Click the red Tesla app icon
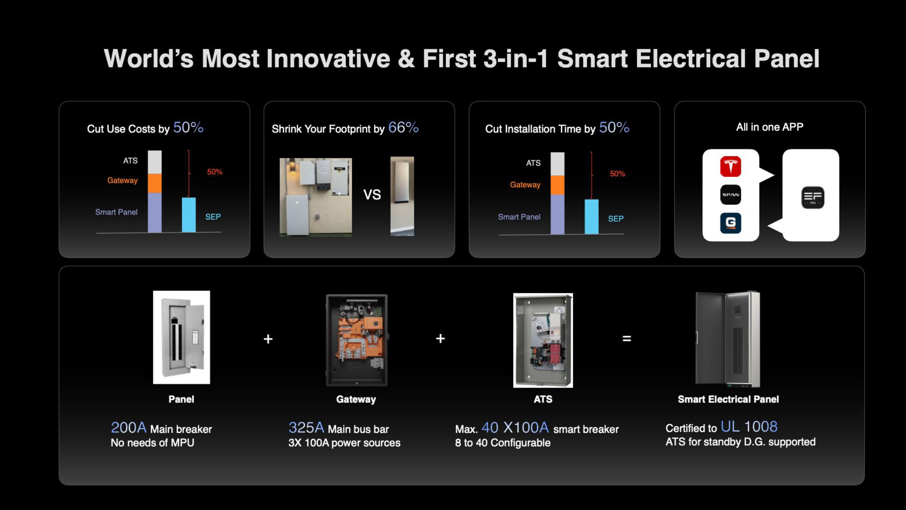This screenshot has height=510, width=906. (730, 166)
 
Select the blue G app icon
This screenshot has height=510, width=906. (730, 223)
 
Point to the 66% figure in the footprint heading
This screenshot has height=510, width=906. (403, 127)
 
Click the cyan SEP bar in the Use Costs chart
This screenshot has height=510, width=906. (189, 215)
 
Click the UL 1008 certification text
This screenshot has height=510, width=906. (749, 427)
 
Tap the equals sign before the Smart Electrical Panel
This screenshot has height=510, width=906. (627, 339)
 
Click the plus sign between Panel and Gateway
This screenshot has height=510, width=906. (268, 339)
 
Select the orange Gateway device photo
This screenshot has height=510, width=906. (357, 340)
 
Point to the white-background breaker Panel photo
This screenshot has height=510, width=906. (181, 337)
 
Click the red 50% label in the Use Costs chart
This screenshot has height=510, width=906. (214, 172)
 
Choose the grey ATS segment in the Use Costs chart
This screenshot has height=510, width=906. (155, 162)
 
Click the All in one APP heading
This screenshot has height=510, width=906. (770, 127)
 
